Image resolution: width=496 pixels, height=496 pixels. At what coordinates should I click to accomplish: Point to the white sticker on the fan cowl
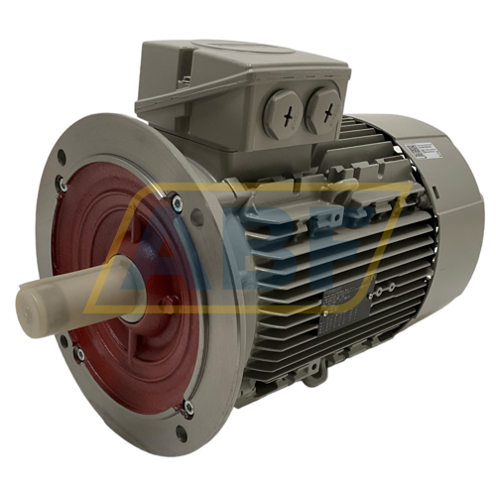pyautogui.click(x=419, y=150)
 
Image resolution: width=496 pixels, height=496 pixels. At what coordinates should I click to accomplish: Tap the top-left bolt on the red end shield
pyautogui.click(x=62, y=185)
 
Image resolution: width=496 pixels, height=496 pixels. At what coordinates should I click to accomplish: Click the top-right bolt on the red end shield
pyautogui.click(x=177, y=203)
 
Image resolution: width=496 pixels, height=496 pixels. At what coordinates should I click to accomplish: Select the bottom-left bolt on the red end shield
pyautogui.click(x=77, y=351)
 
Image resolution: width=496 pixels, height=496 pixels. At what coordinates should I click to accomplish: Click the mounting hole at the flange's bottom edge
pyautogui.click(x=179, y=433)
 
